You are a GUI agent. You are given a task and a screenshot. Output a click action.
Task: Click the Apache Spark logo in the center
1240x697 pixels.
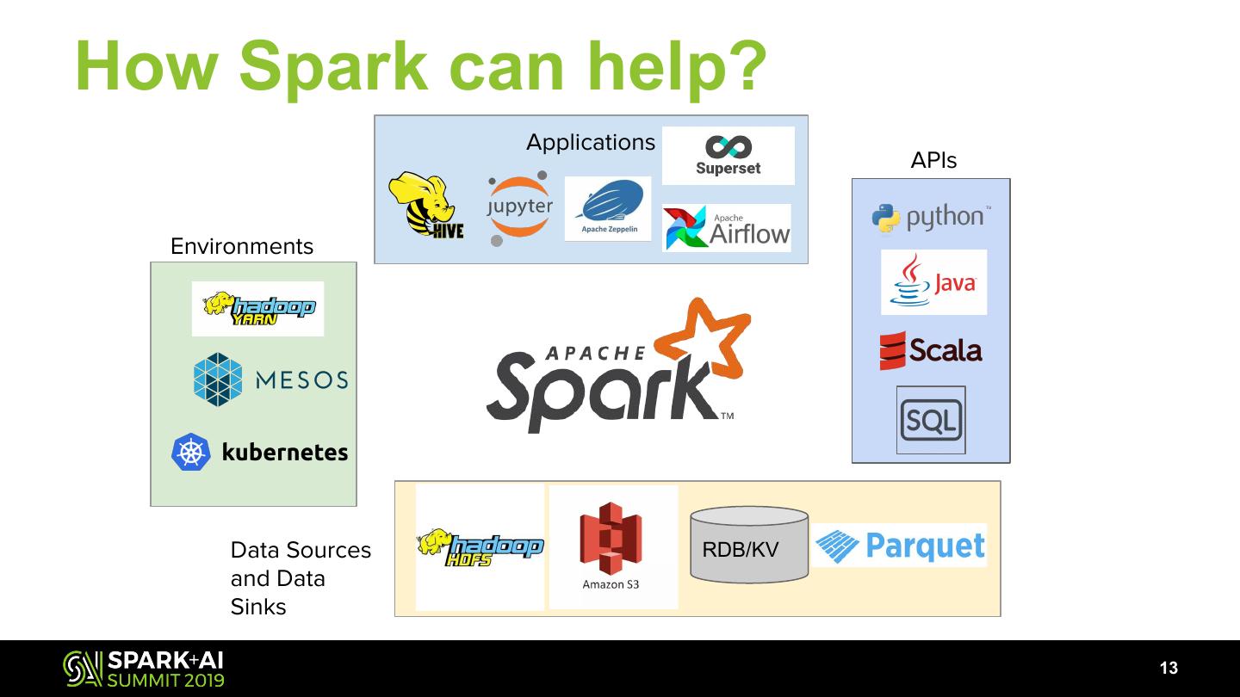click(616, 370)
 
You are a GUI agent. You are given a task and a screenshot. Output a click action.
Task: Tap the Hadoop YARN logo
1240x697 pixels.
click(258, 309)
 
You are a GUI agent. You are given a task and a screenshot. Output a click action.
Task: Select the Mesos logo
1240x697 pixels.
click(270, 379)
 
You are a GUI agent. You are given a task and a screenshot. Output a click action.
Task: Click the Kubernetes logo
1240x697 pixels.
click(259, 452)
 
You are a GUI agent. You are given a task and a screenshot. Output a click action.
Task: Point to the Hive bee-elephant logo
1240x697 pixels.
click(425, 206)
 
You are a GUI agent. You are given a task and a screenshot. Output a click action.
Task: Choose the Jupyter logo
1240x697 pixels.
click(518, 207)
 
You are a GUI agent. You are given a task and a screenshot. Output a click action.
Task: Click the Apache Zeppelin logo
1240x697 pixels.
click(608, 209)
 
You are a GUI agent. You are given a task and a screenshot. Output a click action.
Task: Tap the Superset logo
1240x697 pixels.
click(728, 156)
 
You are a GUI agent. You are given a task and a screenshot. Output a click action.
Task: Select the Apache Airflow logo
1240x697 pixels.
click(727, 228)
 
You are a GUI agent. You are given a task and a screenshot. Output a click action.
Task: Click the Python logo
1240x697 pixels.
click(931, 218)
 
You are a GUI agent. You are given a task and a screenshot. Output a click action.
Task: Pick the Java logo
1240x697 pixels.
click(933, 281)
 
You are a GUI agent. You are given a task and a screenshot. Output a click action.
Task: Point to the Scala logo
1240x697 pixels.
click(931, 350)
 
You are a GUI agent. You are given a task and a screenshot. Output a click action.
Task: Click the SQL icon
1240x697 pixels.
click(931, 420)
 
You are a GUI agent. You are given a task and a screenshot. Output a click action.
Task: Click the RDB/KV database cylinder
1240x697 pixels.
click(749, 546)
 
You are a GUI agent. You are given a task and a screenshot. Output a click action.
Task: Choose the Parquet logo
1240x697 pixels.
click(900, 546)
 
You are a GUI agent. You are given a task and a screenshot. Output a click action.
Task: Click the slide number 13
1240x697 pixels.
click(1169, 669)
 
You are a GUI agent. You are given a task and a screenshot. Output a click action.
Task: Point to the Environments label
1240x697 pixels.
click(242, 246)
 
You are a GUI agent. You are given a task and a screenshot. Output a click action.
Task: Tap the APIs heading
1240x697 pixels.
click(933, 160)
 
